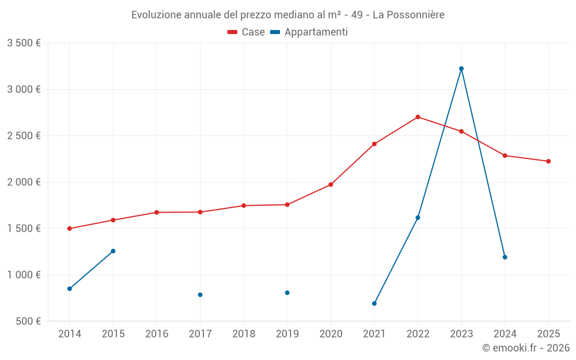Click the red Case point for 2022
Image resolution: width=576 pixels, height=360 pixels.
click(x=418, y=117)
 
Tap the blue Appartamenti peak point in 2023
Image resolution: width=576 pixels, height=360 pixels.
click(x=461, y=69)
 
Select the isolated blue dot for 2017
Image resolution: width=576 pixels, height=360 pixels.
click(x=200, y=295)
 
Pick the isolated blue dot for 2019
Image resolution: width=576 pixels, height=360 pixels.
click(x=287, y=293)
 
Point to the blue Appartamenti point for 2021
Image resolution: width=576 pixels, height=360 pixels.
click(x=374, y=304)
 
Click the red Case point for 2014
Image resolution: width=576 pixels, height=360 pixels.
click(x=70, y=229)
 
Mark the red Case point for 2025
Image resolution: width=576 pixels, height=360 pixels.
click(x=548, y=161)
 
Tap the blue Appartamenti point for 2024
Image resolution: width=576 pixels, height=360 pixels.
click(x=505, y=257)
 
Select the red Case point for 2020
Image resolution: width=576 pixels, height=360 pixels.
click(x=331, y=185)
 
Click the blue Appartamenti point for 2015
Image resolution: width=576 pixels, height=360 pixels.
click(x=113, y=251)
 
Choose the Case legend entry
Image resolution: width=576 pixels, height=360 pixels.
click(x=247, y=32)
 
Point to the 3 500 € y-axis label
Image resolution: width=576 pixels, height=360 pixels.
click(x=24, y=43)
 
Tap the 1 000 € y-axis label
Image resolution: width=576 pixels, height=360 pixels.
click(x=24, y=275)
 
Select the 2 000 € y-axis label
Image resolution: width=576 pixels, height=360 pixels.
click(x=24, y=182)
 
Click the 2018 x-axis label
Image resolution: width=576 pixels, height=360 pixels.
click(x=244, y=334)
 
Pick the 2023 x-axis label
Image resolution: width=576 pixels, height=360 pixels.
click(x=461, y=334)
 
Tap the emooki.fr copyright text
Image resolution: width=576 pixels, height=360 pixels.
click(x=526, y=348)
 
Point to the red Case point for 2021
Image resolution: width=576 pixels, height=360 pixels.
click(x=374, y=144)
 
